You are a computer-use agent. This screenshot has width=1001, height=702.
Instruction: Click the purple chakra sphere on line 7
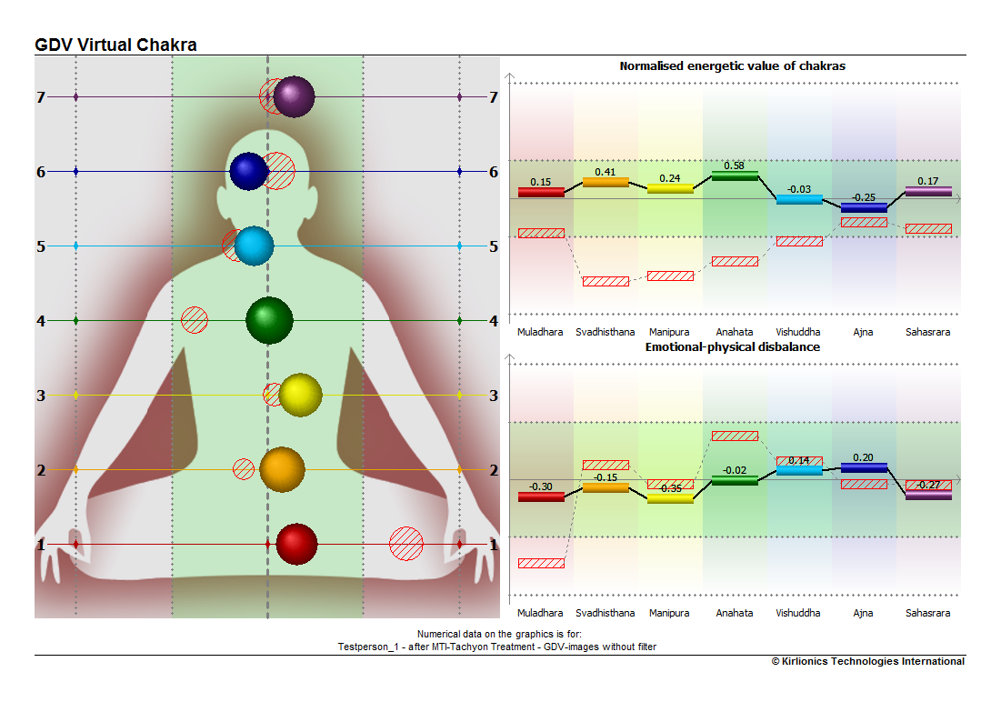(x=295, y=97)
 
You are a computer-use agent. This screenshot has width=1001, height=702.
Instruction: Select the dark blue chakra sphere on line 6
(x=249, y=171)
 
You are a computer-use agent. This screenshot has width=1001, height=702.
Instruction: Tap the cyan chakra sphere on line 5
(x=254, y=246)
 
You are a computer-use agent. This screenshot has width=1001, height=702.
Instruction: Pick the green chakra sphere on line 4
(x=269, y=321)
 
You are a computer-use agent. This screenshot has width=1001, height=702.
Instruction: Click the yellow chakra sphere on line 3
(x=301, y=396)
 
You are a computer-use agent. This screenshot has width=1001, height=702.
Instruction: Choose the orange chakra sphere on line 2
(x=282, y=469)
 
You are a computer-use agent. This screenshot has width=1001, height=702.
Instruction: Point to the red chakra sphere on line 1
(x=297, y=544)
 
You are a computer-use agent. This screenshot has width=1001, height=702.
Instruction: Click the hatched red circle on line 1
(x=406, y=544)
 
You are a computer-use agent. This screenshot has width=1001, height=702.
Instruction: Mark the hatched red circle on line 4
(x=194, y=320)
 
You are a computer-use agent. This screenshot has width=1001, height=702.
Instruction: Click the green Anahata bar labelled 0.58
(x=735, y=175)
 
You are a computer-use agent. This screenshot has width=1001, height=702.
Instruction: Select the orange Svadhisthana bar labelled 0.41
(x=606, y=182)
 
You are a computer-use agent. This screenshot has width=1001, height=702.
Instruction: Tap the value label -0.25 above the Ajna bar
(x=864, y=197)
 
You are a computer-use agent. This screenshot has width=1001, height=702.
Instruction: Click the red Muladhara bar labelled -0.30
(x=541, y=497)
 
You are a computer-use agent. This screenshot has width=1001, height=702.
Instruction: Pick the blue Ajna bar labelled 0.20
(x=864, y=467)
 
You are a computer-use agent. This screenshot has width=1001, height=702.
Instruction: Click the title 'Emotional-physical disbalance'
(x=732, y=346)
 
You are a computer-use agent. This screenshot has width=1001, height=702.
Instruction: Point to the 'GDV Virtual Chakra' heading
(x=115, y=45)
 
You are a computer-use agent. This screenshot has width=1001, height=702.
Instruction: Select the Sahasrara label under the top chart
(x=927, y=332)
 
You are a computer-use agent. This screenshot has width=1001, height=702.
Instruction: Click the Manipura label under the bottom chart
(x=669, y=613)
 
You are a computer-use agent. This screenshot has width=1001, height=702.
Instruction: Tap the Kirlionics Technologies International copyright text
(x=868, y=661)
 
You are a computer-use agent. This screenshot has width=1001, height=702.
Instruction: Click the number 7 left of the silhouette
(x=41, y=97)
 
